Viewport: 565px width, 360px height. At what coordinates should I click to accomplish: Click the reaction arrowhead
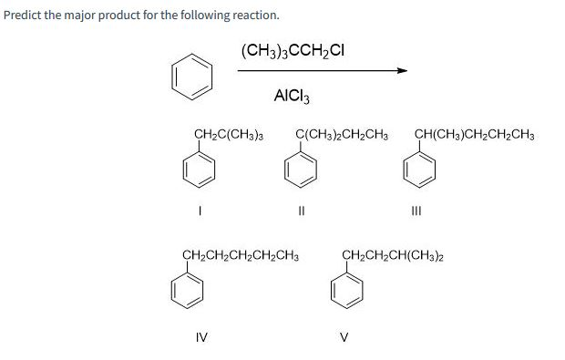click(400, 71)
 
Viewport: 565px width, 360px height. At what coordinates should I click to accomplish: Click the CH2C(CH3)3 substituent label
click(229, 137)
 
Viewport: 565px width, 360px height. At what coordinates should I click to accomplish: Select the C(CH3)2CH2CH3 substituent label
click(343, 137)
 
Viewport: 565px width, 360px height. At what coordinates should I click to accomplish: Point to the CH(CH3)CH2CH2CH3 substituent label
click(474, 137)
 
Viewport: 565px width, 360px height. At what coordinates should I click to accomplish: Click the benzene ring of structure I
click(201, 170)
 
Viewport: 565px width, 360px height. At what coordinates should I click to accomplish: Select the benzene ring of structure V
click(348, 289)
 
